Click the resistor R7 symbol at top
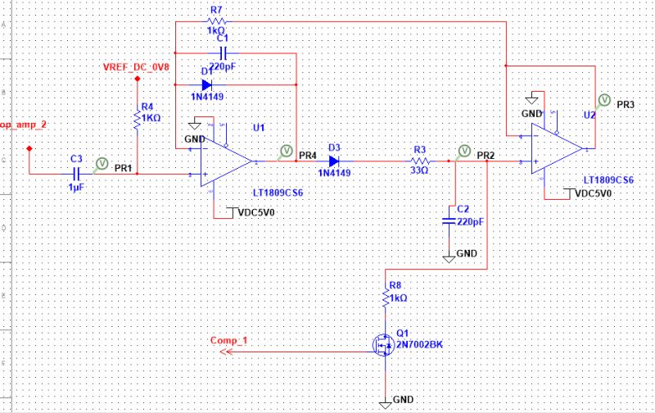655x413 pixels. tap(216, 22)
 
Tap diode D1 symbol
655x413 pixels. tap(207, 84)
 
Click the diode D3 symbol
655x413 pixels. tap(333, 161)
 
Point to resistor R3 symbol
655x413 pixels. tap(419, 161)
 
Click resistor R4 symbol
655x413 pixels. tap(138, 120)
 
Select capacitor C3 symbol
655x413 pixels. tap(76, 174)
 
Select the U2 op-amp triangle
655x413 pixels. tap(557, 149)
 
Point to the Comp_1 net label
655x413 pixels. tap(228, 339)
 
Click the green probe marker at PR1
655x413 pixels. tap(102, 163)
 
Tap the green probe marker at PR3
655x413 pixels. tap(603, 100)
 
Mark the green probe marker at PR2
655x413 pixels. tap(464, 150)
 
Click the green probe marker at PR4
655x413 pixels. tap(287, 150)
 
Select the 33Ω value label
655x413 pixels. tap(419, 172)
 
